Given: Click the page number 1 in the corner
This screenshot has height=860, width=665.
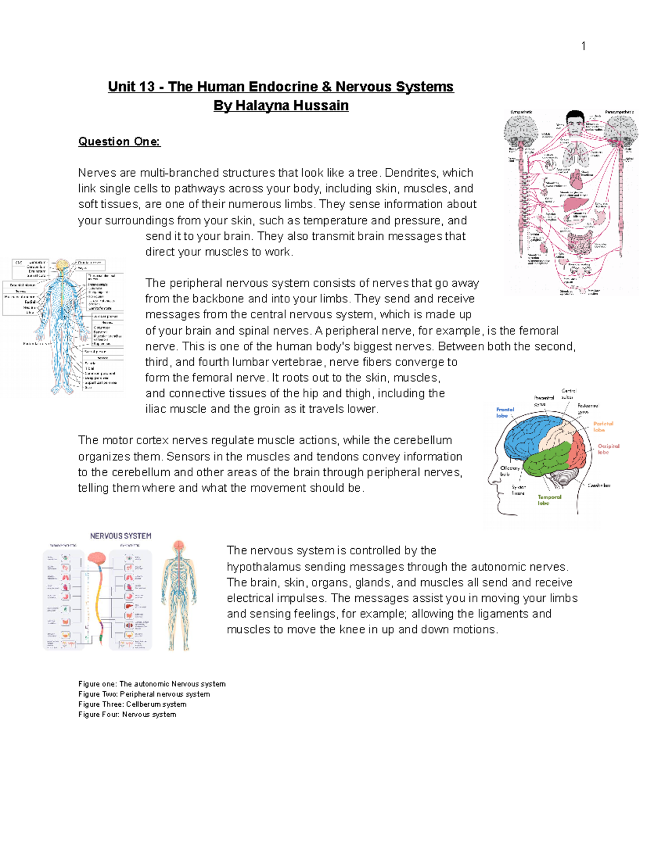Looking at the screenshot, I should point(583,46).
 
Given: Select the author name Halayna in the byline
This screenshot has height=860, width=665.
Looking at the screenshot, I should point(258,106).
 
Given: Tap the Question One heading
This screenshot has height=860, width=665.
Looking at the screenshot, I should point(119,142).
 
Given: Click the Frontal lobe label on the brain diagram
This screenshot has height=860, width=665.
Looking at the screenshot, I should point(505,413).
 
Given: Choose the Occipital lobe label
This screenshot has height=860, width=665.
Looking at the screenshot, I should point(608,449).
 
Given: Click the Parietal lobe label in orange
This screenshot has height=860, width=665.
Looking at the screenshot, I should point(602,426).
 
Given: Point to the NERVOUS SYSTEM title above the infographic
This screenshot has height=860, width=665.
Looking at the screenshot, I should point(121,536).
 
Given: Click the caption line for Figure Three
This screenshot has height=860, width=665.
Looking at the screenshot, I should point(132,704).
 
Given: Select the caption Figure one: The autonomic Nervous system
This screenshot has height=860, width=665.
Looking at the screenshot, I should point(152,684).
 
